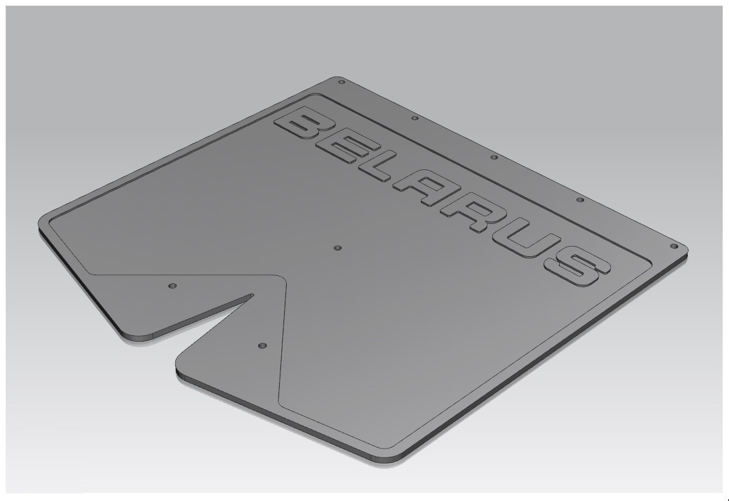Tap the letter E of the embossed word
pos(343,149)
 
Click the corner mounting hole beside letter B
pos(341,82)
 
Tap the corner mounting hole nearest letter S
pos(673,246)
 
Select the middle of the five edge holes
pos(494,158)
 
